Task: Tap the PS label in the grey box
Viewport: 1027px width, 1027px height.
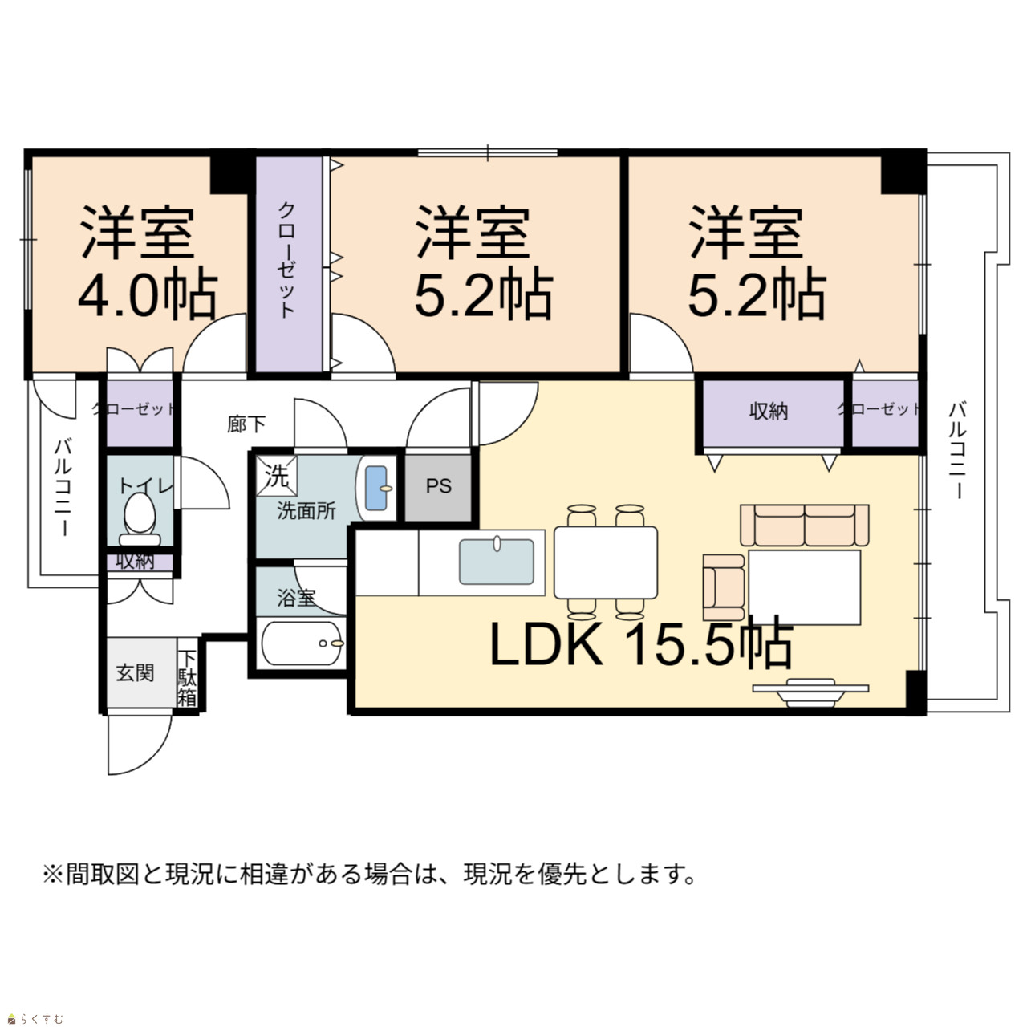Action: click(x=439, y=486)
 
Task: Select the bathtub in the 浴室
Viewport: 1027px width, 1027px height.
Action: click(x=302, y=643)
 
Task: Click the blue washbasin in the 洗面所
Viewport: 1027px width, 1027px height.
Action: click(x=376, y=488)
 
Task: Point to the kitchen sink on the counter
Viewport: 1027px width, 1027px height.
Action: click(x=496, y=562)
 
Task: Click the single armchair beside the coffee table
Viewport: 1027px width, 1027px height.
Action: click(x=724, y=587)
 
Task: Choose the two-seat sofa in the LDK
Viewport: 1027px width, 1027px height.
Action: click(x=805, y=525)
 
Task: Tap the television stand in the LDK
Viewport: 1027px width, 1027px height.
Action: click(x=810, y=693)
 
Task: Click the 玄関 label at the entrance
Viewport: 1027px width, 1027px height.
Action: click(x=135, y=673)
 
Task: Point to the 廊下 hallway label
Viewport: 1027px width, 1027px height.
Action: click(x=246, y=424)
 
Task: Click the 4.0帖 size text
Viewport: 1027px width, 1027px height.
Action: click(x=148, y=297)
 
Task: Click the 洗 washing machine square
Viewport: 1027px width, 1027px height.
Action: click(x=277, y=476)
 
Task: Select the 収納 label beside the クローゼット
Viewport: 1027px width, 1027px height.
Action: click(x=769, y=411)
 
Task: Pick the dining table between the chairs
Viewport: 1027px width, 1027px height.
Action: click(x=606, y=562)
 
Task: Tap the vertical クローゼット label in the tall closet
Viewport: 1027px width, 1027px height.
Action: click(x=286, y=260)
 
